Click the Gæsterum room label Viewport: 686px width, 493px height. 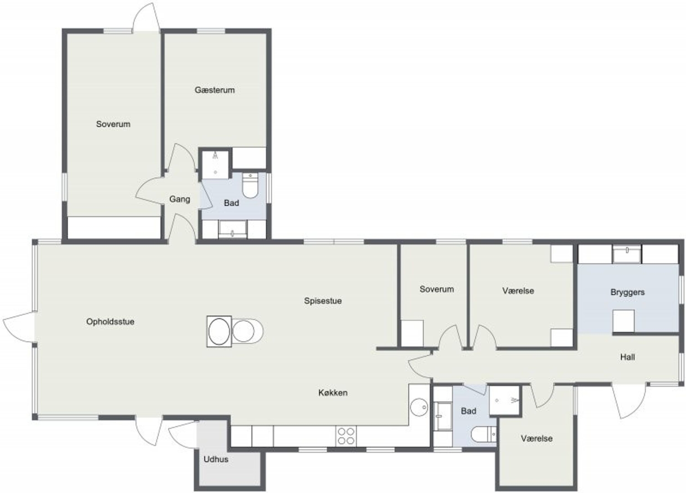[215, 90]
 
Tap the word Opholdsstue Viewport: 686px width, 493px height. [110, 322]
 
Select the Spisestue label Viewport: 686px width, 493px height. [323, 301]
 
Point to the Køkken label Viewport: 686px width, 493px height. [333, 393]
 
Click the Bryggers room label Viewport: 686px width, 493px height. [628, 292]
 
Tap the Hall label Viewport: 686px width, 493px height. [628, 357]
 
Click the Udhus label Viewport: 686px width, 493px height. [216, 459]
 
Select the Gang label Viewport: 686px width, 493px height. [180, 199]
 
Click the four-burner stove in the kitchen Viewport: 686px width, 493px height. [346, 436]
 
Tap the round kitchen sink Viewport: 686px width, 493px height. [419, 407]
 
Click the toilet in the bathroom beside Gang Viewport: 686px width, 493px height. [250, 185]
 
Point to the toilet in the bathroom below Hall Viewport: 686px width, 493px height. [484, 435]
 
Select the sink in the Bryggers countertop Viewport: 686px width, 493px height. [627, 254]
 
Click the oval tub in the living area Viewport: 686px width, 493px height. [219, 331]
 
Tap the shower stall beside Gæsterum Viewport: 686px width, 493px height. [216, 164]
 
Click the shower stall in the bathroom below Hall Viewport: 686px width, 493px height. [504, 400]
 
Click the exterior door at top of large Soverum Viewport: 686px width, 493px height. [146, 17]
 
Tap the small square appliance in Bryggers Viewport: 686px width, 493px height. [623, 321]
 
